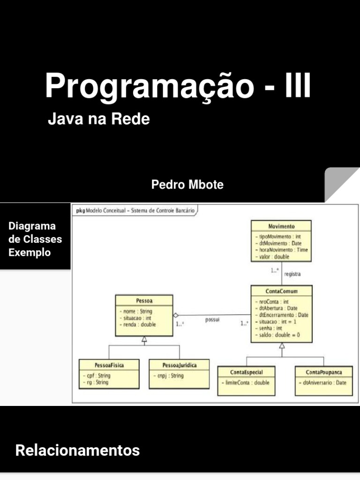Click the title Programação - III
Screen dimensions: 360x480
(178, 86)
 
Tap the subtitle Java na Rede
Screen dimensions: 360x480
(98, 119)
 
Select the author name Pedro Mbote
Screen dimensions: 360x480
(187, 185)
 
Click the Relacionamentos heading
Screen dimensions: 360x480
(77, 450)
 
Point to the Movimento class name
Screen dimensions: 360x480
(281, 226)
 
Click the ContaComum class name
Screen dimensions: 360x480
(281, 291)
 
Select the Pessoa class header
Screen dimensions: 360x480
(144, 300)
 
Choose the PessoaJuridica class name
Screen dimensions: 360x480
(179, 365)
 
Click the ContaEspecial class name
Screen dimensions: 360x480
(246, 372)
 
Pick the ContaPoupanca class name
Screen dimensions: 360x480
(323, 372)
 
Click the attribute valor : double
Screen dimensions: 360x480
(274, 256)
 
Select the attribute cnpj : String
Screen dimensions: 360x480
(168, 375)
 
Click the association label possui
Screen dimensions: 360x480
(212, 320)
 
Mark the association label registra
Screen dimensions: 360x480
(292, 274)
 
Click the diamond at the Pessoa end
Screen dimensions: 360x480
(176, 315)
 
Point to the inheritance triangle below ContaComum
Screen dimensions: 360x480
(282, 346)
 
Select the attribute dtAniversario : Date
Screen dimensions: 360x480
(322, 382)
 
